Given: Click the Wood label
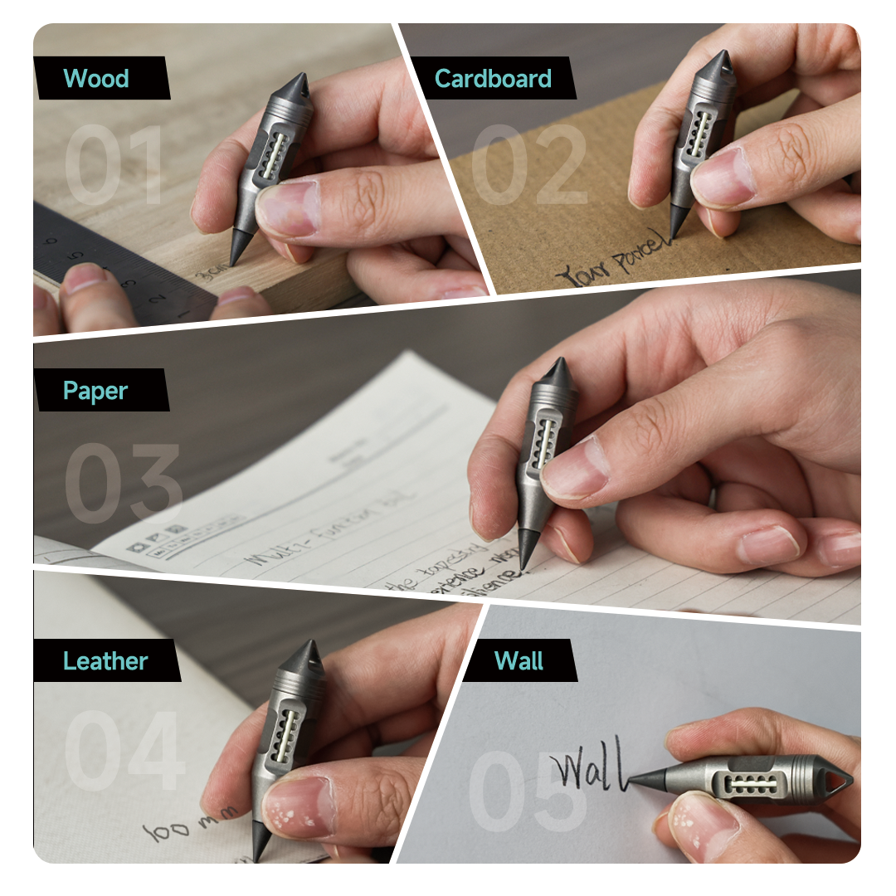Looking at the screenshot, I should click(97, 79).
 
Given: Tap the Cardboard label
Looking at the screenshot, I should click(493, 79).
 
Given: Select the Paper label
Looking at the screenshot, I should click(96, 391).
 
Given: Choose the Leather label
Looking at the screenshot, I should click(105, 661).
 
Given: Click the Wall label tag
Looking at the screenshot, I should click(519, 661).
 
